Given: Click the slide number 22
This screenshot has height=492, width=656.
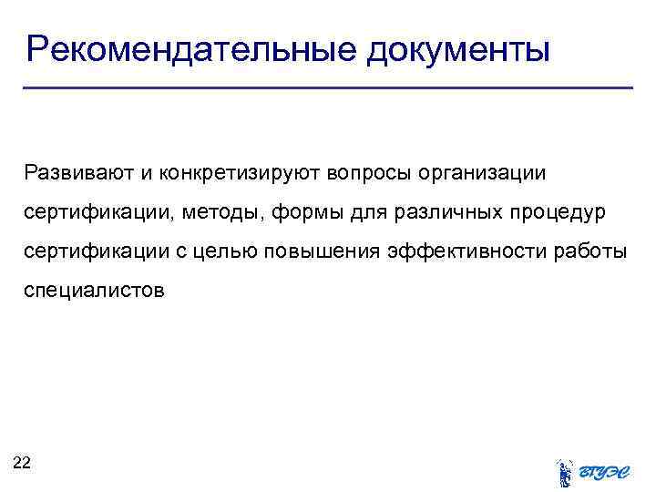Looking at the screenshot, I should tap(22, 463).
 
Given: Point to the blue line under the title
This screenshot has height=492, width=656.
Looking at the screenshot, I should tap(328, 87).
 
